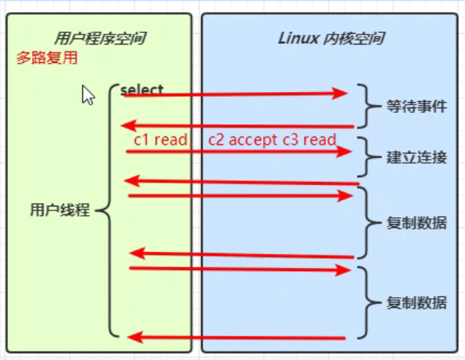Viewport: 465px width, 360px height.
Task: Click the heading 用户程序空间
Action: coord(100,38)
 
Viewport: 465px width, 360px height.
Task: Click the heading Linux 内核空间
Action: coord(331,38)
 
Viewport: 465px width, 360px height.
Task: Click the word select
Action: coord(142,90)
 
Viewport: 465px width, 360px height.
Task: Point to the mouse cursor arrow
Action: coord(87,95)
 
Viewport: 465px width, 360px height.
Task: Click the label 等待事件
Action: coord(417,107)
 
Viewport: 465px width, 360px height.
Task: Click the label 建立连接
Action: coord(417,157)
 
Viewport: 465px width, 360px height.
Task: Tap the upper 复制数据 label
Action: coord(417,224)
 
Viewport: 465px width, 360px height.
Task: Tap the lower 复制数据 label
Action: coord(417,303)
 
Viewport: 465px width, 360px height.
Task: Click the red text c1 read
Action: coord(160,140)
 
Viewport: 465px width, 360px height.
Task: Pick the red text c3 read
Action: coord(309,140)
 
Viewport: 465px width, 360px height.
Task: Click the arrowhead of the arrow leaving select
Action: coord(341,94)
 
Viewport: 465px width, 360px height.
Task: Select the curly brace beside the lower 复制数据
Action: coord(369,303)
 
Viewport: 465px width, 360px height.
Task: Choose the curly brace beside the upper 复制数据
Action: coord(369,224)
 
